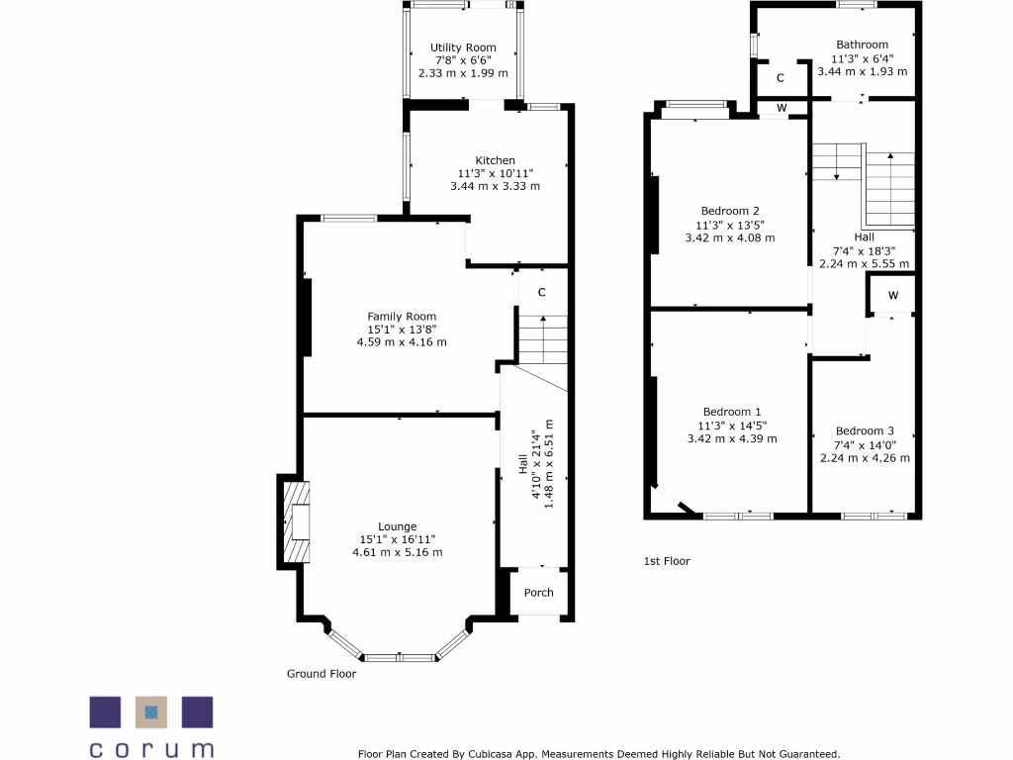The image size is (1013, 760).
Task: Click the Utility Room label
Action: pos(463,47)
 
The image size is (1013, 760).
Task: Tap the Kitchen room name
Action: pos(496,160)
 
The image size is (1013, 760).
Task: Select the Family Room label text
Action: pos(402,317)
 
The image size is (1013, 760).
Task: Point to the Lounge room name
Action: pos(398,526)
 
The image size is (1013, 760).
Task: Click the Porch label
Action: pos(539,593)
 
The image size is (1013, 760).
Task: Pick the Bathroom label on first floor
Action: pos(862,45)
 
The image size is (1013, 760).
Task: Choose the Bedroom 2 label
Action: pos(730,211)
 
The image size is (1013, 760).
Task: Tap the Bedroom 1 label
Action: pos(732,412)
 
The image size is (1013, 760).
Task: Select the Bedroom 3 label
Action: pos(865,430)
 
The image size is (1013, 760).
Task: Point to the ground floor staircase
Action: pos(542,339)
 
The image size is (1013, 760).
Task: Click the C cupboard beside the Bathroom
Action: pos(781,78)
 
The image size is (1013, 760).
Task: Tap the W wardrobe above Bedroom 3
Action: pos(892,296)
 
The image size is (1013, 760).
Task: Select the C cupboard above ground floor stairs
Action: pos(542,292)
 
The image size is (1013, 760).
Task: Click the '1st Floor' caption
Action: pos(667,561)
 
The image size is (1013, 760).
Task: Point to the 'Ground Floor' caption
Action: pos(322,674)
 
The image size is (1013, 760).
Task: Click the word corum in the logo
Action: pos(151,748)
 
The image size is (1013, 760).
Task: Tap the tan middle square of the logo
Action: pos(151,712)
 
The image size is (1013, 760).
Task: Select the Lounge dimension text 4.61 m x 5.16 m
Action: pos(398,552)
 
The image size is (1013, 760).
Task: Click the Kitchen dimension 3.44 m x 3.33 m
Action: pos(496,186)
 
